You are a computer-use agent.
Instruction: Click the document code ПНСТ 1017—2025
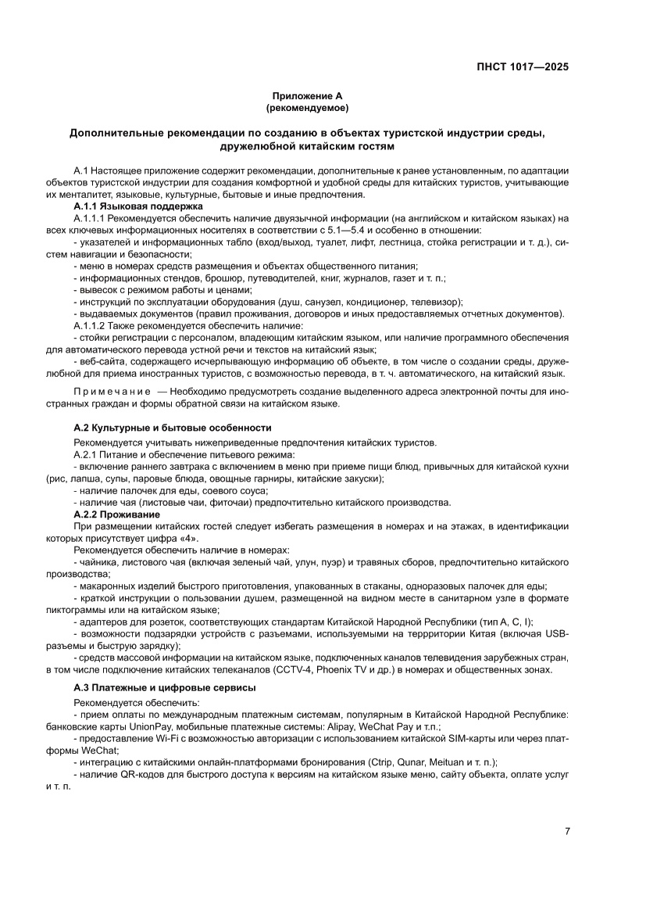(x=522, y=66)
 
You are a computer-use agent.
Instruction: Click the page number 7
(x=567, y=831)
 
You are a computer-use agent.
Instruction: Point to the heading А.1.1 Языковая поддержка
(x=137, y=206)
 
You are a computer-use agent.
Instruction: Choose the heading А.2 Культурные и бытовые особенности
(x=172, y=428)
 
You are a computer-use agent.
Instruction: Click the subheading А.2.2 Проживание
(x=116, y=514)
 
